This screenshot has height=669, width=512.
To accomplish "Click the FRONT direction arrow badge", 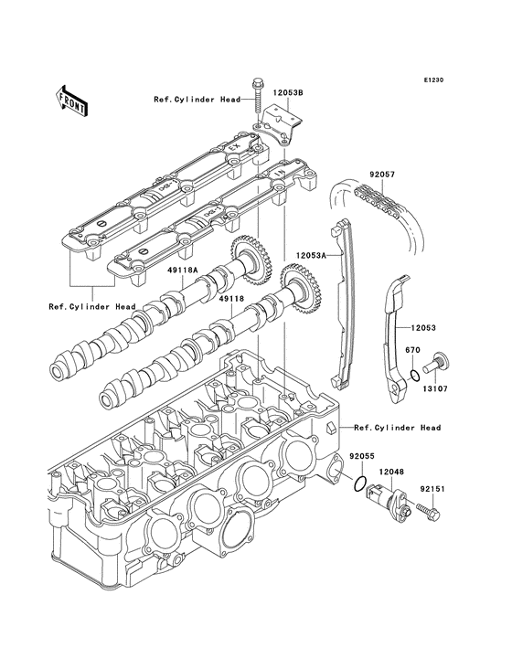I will tap(71, 98).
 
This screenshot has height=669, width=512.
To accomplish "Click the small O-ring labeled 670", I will tap(414, 375).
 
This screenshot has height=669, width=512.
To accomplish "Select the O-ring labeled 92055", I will tap(361, 483).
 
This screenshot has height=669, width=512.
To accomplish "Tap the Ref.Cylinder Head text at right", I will tap(397, 428).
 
